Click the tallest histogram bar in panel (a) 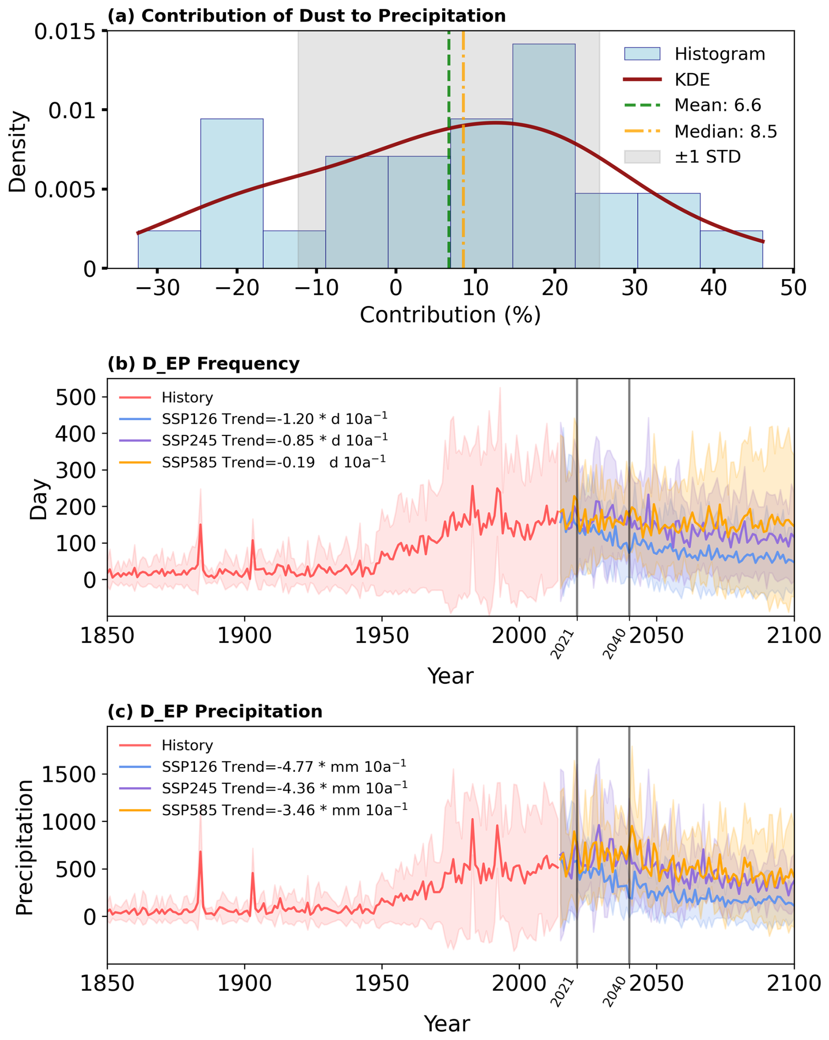(x=543, y=154)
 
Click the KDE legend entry (x=691, y=80)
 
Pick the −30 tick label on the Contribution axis (x=157, y=288)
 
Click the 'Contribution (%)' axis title (x=450, y=315)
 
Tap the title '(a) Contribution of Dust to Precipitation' (x=306, y=16)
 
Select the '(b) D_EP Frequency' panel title (x=203, y=363)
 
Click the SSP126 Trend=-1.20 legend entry (x=274, y=419)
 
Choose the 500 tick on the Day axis (x=76, y=398)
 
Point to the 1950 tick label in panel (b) (x=382, y=635)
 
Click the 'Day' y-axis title (x=39, y=499)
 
